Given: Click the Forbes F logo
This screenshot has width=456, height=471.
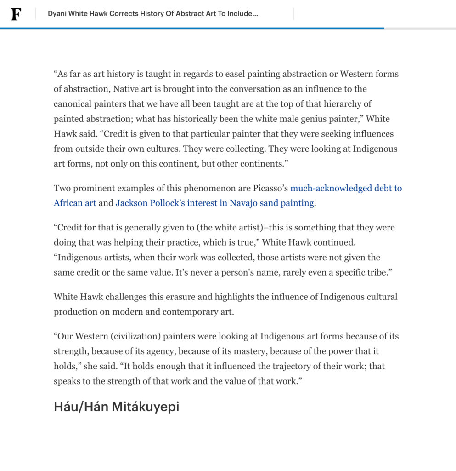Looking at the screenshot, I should point(16,14).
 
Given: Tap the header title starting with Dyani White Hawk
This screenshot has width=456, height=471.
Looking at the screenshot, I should point(152,14).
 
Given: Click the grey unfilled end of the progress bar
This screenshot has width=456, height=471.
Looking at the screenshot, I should point(420,29).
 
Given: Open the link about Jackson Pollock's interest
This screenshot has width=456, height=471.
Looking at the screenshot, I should point(214,203).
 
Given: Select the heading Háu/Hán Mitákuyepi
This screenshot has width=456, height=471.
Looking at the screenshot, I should point(116,407).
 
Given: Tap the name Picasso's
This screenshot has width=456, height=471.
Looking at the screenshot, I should point(270,188).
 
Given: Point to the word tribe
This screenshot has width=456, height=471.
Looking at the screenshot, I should point(376,272).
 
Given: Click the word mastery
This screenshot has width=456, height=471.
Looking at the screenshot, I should point(249,351).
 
